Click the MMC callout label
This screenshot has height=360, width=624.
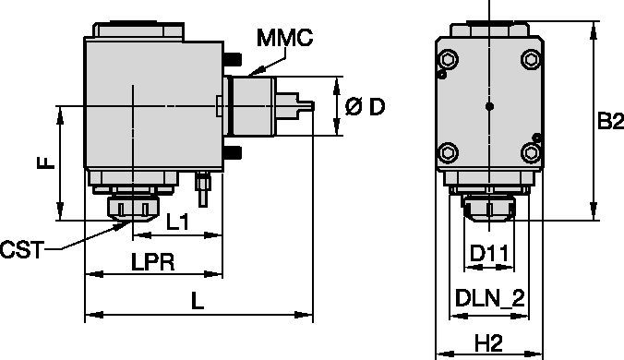point(284,38)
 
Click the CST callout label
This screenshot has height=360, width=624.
point(21,250)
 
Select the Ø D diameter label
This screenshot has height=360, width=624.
point(365,106)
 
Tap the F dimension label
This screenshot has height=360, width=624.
point(45,162)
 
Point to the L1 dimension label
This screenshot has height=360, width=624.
point(177,222)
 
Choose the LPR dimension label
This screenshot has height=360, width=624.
point(153,262)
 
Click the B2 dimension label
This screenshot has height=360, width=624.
point(610,121)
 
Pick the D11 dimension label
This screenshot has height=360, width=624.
point(489,253)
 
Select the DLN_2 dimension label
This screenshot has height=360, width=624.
point(490,298)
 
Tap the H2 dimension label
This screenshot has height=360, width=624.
point(489,343)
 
